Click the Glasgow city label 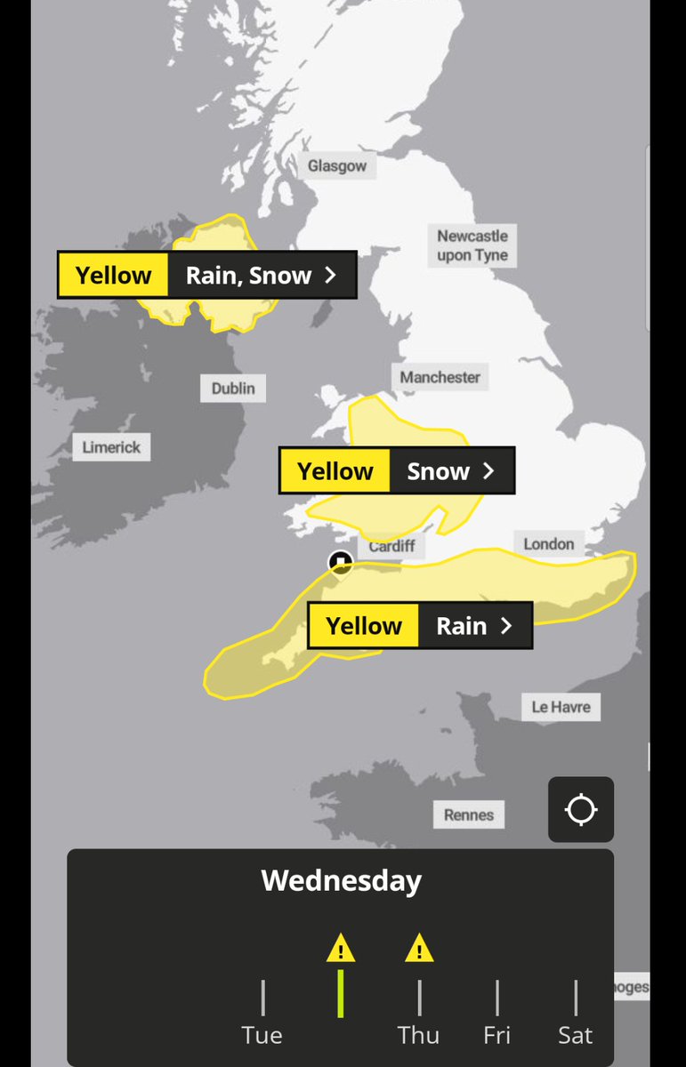pyautogui.click(x=336, y=166)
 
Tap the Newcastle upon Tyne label pyautogui.click(x=472, y=245)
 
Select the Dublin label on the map pyautogui.click(x=233, y=389)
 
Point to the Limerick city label pyautogui.click(x=111, y=447)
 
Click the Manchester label pyautogui.click(x=440, y=377)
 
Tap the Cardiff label pyautogui.click(x=391, y=546)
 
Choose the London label pyautogui.click(x=548, y=543)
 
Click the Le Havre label pyautogui.click(x=561, y=707)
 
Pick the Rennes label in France pyautogui.click(x=469, y=814)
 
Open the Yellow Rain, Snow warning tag pyautogui.click(x=206, y=276)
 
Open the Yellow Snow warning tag pyautogui.click(x=397, y=471)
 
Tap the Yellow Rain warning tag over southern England pyautogui.click(x=420, y=626)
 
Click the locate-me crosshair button pyautogui.click(x=581, y=810)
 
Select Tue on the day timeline pyautogui.click(x=262, y=1035)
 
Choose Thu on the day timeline pyautogui.click(x=418, y=1035)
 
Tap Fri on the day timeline pyautogui.click(x=497, y=1035)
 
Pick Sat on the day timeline pyautogui.click(x=576, y=1035)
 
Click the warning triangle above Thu pyautogui.click(x=418, y=949)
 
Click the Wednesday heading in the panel pyautogui.click(x=342, y=881)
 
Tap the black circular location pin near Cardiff pyautogui.click(x=341, y=562)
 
